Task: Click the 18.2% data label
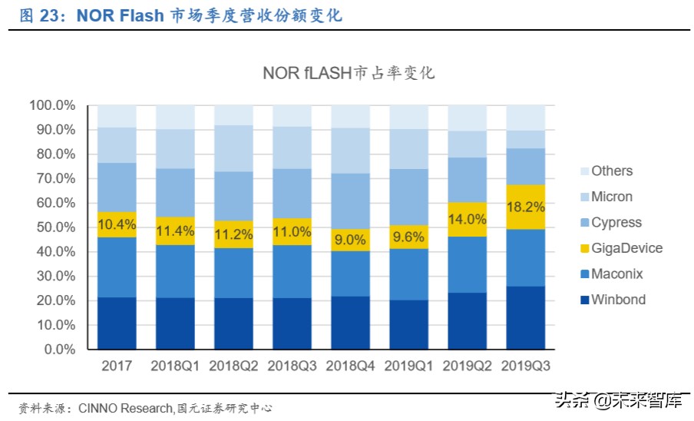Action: point(526,207)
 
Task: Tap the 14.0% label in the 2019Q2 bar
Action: point(468,218)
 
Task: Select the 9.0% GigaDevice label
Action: point(350,240)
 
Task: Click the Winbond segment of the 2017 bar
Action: point(117,323)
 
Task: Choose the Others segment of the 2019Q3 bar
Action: point(526,118)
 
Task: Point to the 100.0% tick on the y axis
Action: point(52,105)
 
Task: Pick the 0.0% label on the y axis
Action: point(58,349)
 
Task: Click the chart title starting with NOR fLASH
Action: point(349,74)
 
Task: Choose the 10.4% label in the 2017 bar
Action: point(117,224)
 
